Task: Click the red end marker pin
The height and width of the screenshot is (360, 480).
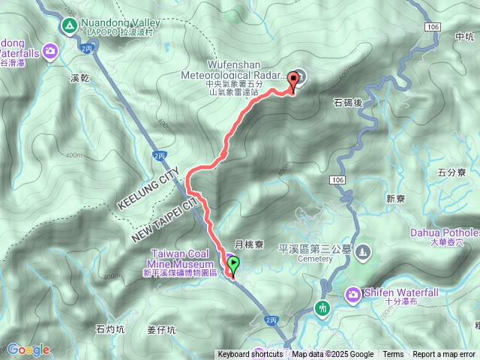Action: tap(292, 82)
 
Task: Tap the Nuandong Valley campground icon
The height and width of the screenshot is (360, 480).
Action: tap(69, 26)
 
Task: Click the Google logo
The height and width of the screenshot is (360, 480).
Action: tap(28, 349)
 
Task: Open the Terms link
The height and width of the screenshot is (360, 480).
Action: tap(393, 355)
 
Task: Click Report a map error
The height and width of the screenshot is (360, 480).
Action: tap(444, 355)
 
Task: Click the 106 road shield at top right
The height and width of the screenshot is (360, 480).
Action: tap(430, 26)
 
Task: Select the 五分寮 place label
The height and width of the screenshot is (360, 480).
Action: tap(451, 173)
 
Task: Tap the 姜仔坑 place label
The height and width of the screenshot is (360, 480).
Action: tap(160, 328)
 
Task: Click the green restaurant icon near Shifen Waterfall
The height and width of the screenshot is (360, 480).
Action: tap(323, 307)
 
